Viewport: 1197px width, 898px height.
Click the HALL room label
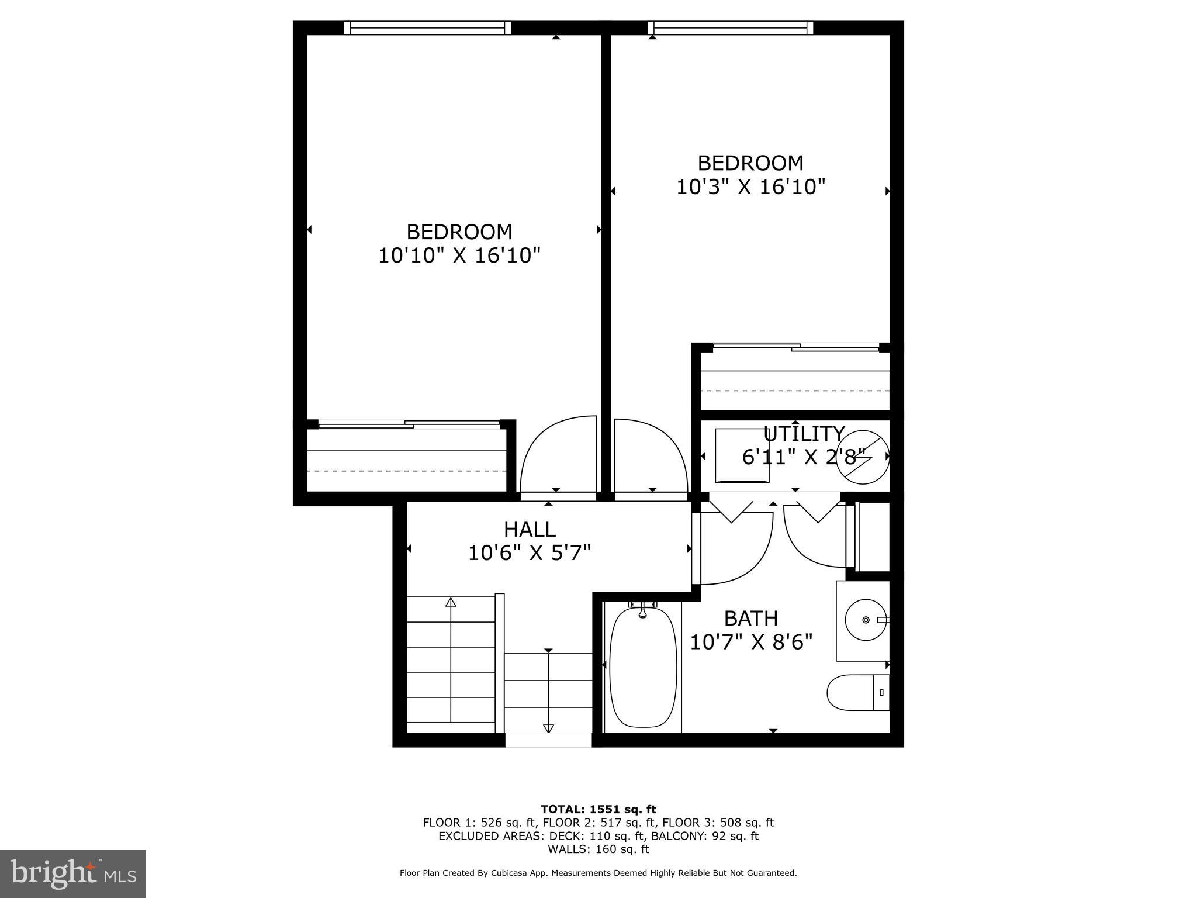(x=530, y=529)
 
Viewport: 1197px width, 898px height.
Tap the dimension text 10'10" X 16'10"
(x=459, y=255)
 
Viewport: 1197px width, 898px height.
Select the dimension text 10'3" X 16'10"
(x=750, y=186)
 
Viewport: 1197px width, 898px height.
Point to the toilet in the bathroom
(x=857, y=692)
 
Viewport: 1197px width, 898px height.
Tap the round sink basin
(x=866, y=619)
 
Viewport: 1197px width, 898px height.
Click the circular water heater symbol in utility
(x=863, y=457)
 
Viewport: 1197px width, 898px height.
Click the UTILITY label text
(x=804, y=434)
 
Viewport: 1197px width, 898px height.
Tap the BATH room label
(x=750, y=618)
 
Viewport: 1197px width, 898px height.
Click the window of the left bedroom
(x=427, y=27)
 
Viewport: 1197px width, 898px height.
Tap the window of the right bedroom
(x=730, y=27)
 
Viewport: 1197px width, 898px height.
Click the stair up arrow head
(x=451, y=602)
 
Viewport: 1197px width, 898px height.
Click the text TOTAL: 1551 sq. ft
(x=598, y=809)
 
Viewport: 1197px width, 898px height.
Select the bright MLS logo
(x=73, y=873)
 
